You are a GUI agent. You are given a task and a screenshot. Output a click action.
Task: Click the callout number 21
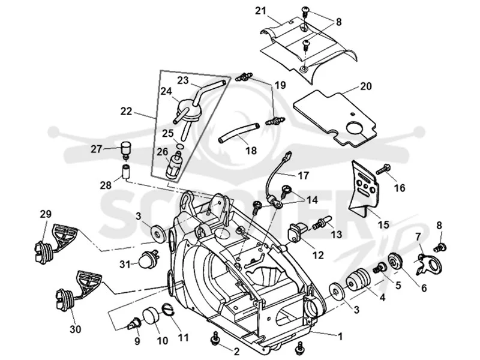point(260,11)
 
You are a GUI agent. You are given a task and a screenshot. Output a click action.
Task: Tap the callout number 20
point(366,86)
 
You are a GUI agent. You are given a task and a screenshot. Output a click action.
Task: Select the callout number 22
point(126,111)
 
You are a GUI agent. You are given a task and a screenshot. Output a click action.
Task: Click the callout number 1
point(340,337)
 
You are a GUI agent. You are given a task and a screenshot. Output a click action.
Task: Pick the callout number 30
point(76,329)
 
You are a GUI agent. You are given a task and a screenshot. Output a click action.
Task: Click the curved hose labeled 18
point(239,131)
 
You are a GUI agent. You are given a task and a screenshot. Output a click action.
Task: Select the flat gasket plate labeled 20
point(335,118)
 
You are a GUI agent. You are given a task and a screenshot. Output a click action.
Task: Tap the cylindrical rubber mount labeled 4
point(358,279)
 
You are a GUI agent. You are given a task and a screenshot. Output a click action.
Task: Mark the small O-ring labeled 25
point(180,145)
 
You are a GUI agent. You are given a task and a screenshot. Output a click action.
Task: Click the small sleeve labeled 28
point(127,172)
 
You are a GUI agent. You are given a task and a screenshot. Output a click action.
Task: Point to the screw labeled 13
point(322,223)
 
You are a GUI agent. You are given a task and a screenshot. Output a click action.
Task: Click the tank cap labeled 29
point(56,244)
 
